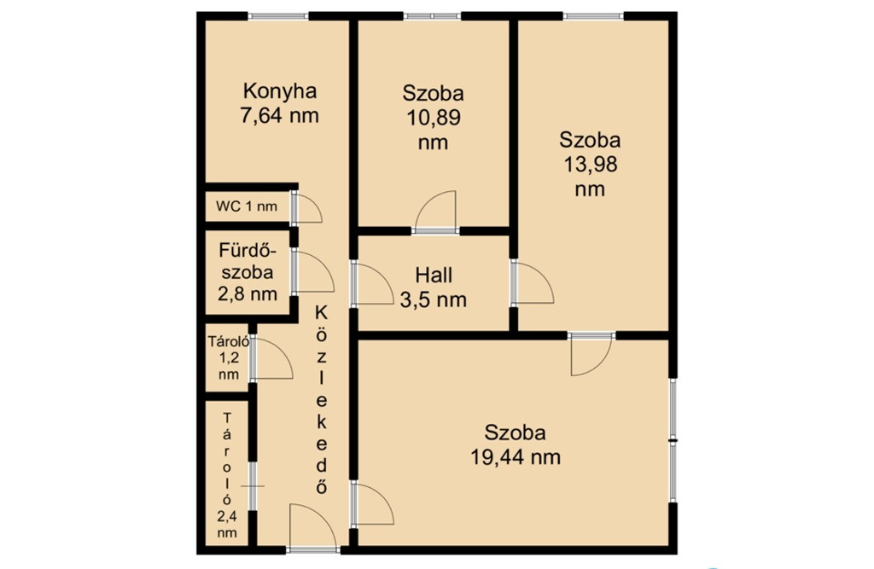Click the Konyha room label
point(280,91)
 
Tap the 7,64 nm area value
point(279,115)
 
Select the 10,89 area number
point(433,118)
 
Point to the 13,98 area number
point(591,165)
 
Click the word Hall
point(434,275)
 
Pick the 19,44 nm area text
point(516,457)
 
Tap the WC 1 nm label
point(247,206)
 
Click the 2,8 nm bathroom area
point(248,293)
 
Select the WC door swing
point(306,207)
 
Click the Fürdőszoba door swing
point(312,272)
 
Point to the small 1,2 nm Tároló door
point(271,359)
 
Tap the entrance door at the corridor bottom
point(312,527)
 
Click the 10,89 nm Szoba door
point(436,211)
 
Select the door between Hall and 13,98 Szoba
point(533,282)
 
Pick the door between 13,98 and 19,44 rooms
point(591,354)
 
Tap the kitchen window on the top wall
point(278,15)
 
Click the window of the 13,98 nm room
point(593,15)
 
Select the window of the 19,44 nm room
point(673,440)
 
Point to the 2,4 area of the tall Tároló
point(227,516)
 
